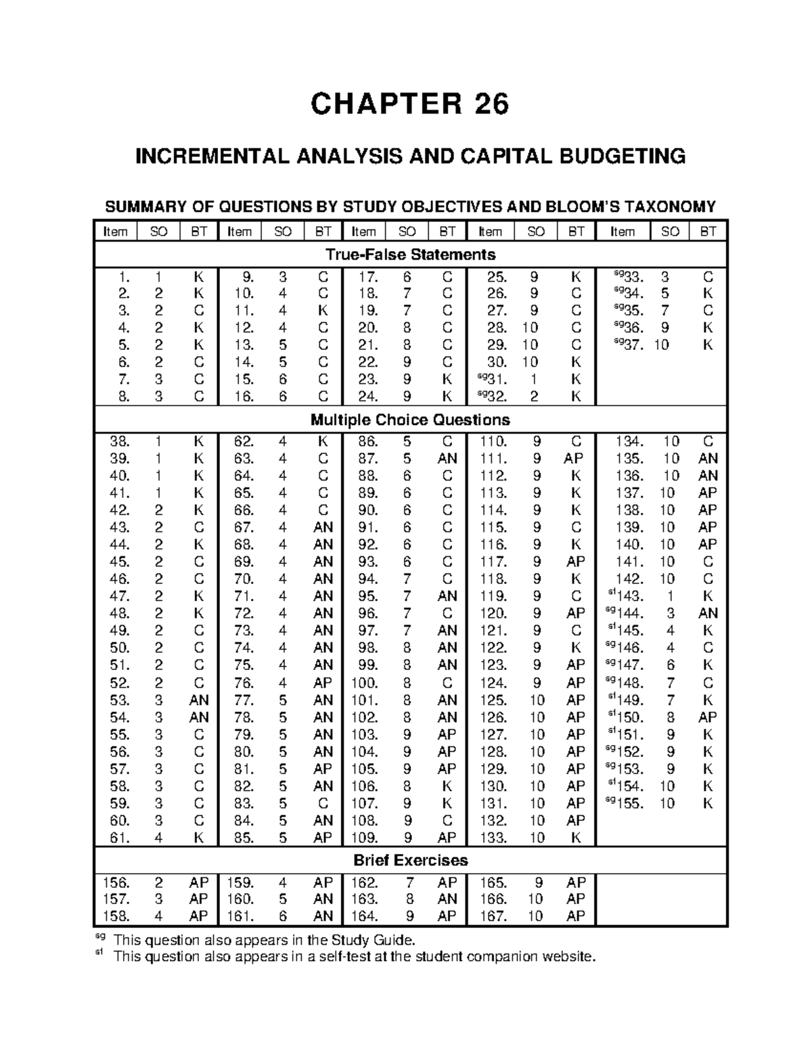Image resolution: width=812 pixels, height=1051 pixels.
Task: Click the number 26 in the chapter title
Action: coord(484,104)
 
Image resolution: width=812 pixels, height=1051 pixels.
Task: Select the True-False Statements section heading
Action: coord(410,254)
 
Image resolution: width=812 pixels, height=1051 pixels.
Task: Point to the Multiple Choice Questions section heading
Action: coord(410,420)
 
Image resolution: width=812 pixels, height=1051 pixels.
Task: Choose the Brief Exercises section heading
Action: coord(410,860)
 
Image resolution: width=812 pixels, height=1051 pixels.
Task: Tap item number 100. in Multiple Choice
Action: coord(363,683)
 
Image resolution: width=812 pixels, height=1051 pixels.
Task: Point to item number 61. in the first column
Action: coord(118,838)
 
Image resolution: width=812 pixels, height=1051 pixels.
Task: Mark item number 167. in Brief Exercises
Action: coord(493,916)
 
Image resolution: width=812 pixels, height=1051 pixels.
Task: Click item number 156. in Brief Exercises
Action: coord(115,882)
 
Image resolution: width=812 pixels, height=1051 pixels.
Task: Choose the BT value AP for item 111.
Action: coord(574,459)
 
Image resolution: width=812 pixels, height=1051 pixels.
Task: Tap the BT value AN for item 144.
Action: coord(708,613)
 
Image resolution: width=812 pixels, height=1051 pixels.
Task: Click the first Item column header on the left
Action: coord(115,231)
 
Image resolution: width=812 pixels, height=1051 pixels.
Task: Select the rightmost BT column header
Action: coord(708,231)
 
